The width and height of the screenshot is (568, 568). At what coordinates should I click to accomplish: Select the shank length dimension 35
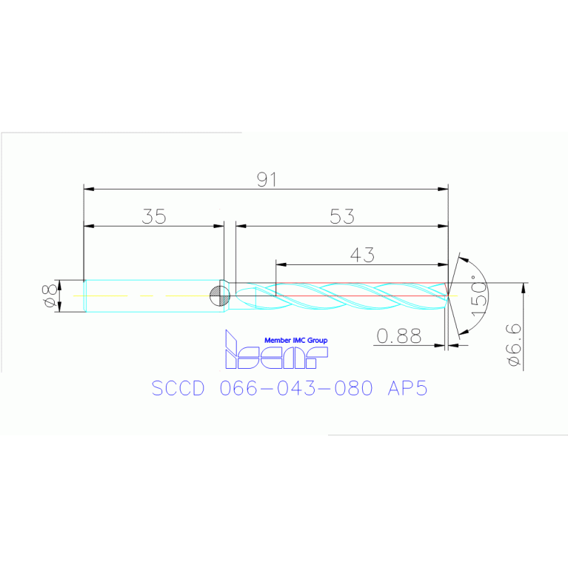point(154,216)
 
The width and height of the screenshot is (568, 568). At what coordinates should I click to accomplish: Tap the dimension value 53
point(342,216)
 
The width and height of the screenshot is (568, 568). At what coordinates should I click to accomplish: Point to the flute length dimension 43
point(361,254)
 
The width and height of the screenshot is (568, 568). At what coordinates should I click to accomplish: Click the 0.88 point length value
point(398,336)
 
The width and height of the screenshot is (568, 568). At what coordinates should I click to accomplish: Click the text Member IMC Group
point(295,340)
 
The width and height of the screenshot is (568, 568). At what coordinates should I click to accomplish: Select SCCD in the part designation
point(178,389)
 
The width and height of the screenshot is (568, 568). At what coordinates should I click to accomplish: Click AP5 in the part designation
point(408,389)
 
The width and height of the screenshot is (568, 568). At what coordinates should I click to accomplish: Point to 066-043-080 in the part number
point(296,389)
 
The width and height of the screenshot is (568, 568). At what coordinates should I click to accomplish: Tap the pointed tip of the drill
point(448,296)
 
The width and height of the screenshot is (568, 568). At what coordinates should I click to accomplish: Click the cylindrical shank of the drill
point(148,296)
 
